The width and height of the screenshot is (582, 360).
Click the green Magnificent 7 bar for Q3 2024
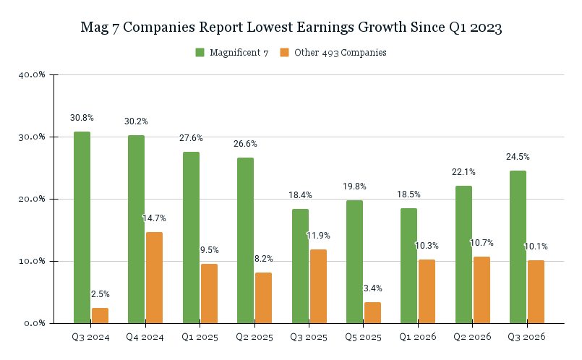(82, 227)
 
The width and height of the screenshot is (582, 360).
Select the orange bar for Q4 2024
(154, 277)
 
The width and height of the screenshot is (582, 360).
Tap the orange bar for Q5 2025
(372, 312)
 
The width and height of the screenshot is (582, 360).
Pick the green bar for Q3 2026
(518, 247)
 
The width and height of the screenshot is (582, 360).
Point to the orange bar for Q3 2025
(317, 286)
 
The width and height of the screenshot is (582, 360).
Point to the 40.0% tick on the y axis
(31, 74)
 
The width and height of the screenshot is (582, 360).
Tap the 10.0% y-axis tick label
(31, 261)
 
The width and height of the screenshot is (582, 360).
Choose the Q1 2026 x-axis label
(417, 337)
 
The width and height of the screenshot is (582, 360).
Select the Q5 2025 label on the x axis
(363, 337)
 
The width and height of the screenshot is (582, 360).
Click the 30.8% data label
(82, 118)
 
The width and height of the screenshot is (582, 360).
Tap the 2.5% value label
(100, 294)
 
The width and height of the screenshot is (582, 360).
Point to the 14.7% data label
(154, 218)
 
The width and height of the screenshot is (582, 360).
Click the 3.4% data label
(372, 288)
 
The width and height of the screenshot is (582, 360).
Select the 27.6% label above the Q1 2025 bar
(191, 138)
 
